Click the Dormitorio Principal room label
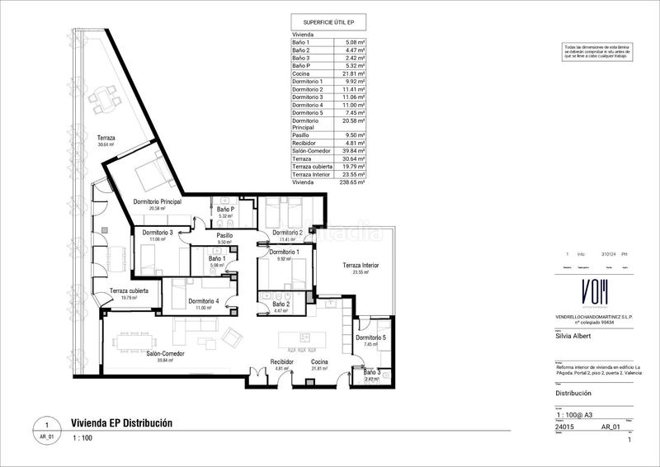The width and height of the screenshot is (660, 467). pyautogui.click(x=157, y=202)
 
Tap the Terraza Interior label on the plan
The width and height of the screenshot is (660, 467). pyautogui.click(x=361, y=265)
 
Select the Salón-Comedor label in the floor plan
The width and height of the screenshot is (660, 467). pyautogui.click(x=165, y=352)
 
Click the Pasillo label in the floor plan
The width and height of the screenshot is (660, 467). pyautogui.click(x=224, y=235)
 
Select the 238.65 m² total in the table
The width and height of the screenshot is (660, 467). pyautogui.click(x=353, y=182)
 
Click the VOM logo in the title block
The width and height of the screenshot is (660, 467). pyautogui.click(x=583, y=292)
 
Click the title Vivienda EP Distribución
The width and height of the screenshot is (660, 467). pyautogui.click(x=121, y=422)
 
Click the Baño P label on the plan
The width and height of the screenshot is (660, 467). pyautogui.click(x=225, y=210)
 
